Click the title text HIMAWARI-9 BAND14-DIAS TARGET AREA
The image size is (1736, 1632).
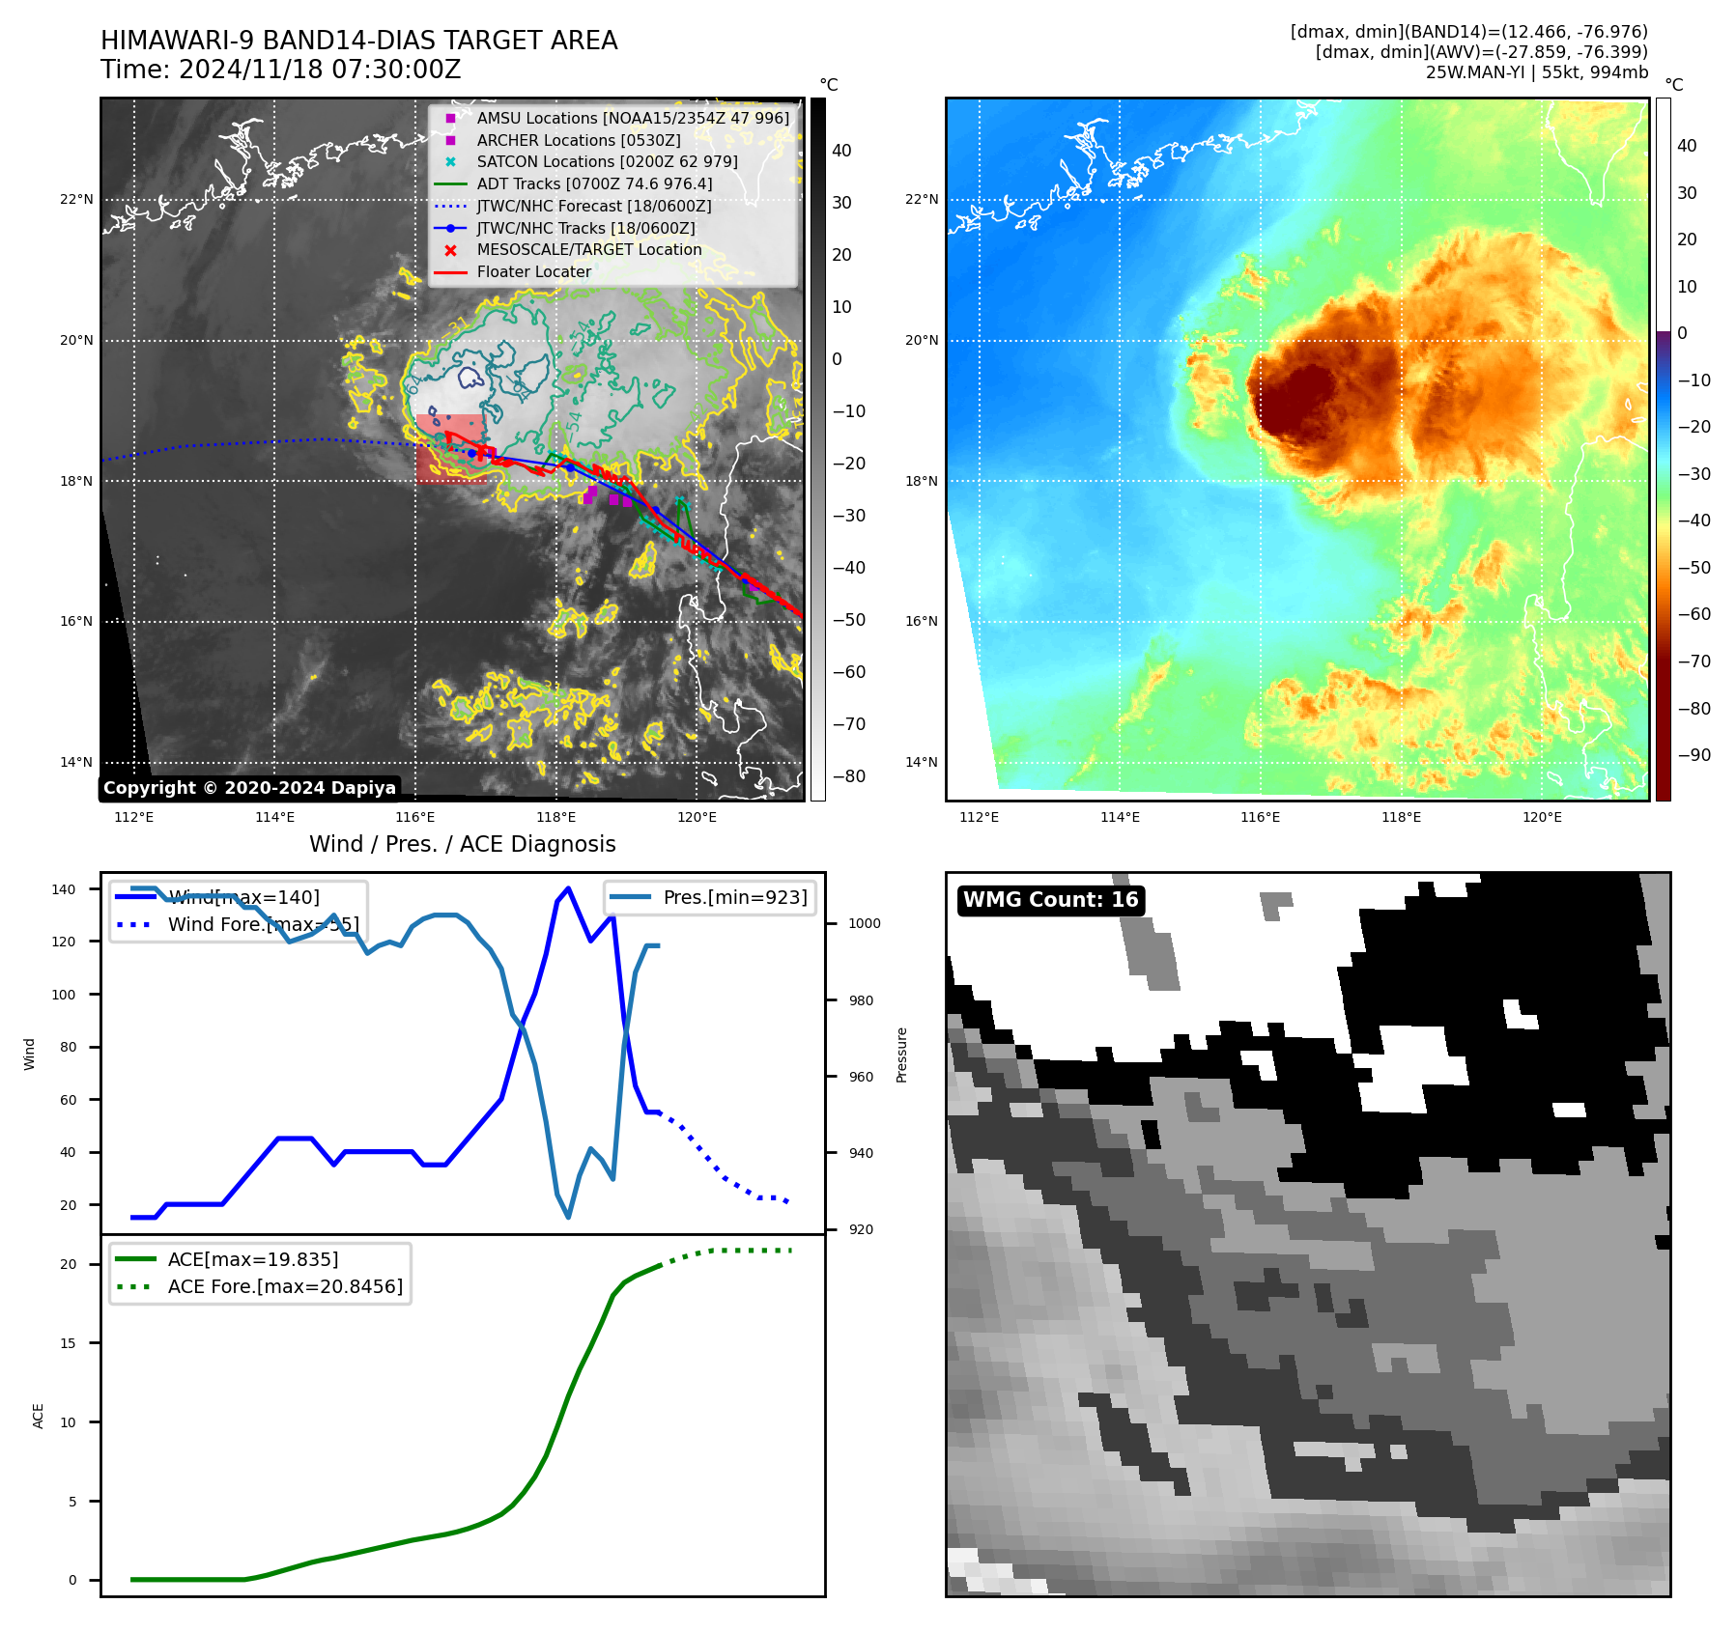(358, 41)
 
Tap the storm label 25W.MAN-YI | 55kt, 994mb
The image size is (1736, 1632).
(1536, 72)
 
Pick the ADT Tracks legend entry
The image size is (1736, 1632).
(594, 183)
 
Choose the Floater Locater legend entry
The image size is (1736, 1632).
(533, 272)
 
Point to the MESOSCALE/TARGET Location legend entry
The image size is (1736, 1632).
(588, 250)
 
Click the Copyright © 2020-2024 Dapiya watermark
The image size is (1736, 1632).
(249, 788)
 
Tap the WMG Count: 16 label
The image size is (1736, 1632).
(1050, 900)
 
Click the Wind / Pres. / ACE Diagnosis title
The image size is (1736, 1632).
(462, 844)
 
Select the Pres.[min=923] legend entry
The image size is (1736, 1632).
(734, 897)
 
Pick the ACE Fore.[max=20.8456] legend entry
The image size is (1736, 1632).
(285, 1286)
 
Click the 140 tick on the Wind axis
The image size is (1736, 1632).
(64, 889)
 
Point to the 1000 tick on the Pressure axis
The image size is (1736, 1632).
(864, 923)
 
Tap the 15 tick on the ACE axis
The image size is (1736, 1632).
(68, 1343)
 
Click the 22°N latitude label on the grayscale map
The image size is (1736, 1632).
(76, 200)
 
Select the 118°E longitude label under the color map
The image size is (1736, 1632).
(1401, 817)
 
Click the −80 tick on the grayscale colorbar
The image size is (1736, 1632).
(849, 776)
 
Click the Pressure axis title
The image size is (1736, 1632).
(901, 1055)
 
